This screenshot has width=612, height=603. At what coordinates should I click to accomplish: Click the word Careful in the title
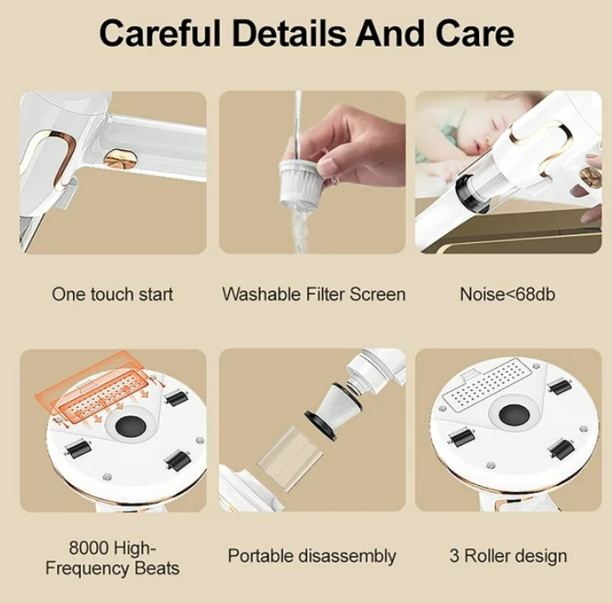160,34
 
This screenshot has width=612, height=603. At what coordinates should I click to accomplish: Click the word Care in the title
474,34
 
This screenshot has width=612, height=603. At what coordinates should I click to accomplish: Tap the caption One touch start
112,294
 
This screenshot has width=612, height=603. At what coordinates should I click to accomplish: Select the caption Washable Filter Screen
313,294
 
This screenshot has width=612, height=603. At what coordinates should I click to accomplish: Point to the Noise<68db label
508,294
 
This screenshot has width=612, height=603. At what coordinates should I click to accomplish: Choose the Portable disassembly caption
312,556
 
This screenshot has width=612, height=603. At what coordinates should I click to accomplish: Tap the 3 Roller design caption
508,556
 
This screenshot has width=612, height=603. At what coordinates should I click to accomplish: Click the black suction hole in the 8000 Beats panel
130,427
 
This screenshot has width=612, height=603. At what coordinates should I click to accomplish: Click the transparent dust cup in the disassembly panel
291,457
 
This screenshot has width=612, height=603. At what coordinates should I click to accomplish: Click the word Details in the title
288,34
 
